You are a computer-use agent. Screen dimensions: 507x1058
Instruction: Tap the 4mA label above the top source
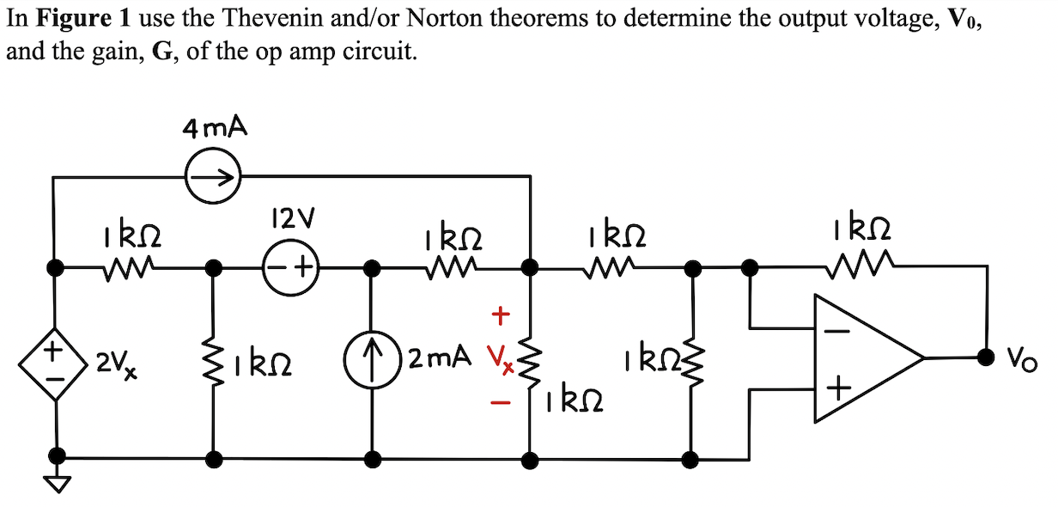pos(214,129)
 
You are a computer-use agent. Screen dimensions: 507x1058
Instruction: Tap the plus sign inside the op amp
pos(838,391)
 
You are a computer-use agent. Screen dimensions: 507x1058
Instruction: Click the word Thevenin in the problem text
pos(281,19)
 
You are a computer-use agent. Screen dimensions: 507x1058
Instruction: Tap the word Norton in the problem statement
pos(411,19)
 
